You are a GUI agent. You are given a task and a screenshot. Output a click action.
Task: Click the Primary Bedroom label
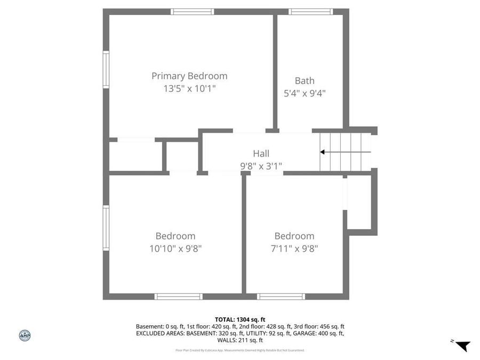click(189, 76)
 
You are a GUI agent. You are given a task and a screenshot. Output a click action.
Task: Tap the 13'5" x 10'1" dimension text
click(189, 89)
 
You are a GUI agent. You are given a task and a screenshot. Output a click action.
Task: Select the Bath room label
click(305, 81)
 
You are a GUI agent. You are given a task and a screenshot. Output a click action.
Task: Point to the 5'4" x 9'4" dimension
click(305, 93)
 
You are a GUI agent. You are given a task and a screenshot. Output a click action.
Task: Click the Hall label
click(261, 154)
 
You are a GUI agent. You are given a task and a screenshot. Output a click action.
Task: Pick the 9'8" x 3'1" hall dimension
click(261, 166)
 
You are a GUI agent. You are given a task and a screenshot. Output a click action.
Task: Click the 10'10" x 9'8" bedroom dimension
click(175, 248)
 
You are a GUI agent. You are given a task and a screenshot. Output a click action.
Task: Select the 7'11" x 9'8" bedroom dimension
click(294, 248)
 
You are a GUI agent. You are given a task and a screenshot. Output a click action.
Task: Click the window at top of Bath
click(310, 12)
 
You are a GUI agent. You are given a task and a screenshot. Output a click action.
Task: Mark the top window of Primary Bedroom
click(193, 12)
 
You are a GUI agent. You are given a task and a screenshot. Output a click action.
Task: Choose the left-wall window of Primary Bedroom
click(106, 69)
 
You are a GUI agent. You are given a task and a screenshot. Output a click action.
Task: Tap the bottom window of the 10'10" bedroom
click(178, 297)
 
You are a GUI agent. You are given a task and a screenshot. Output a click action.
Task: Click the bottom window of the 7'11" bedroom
click(281, 297)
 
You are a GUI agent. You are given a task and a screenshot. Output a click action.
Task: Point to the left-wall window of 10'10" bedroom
click(106, 228)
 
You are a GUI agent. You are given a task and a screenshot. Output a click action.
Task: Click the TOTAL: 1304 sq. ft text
click(240, 319)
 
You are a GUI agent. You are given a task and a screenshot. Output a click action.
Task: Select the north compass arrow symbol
click(462, 346)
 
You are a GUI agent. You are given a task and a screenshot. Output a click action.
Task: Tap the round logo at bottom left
click(25, 335)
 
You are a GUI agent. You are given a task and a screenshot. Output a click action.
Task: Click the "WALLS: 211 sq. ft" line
click(240, 340)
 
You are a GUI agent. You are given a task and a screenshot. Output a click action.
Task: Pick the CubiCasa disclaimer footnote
click(240, 350)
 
